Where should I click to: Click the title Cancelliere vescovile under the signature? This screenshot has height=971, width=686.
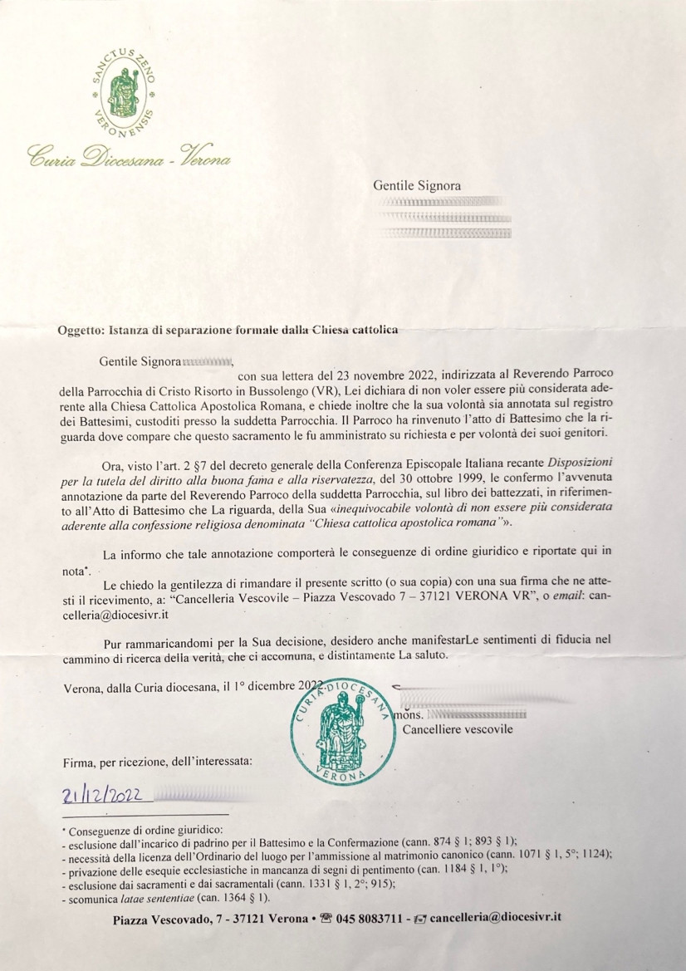(x=457, y=729)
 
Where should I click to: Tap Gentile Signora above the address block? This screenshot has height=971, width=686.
(x=417, y=186)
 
